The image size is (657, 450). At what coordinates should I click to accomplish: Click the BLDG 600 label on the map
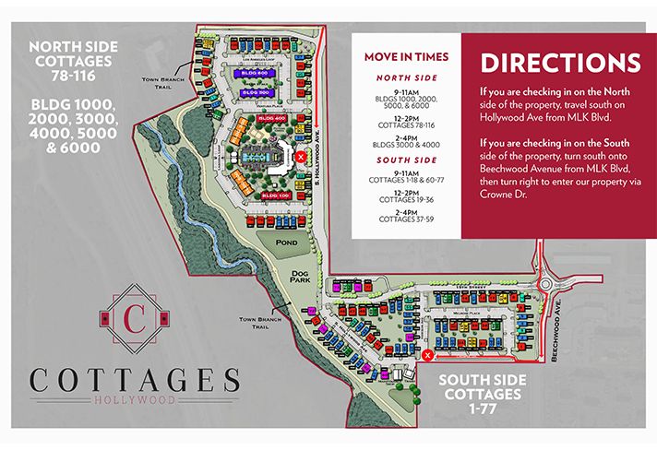pyautogui.click(x=254, y=71)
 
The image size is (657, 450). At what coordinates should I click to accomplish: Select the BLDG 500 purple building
pyautogui.click(x=256, y=92)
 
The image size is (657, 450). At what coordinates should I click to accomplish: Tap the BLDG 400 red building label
pyautogui.click(x=272, y=119)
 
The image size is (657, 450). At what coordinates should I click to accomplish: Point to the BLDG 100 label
pyautogui.click(x=274, y=195)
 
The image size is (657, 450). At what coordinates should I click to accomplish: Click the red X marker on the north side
pyautogui.click(x=301, y=157)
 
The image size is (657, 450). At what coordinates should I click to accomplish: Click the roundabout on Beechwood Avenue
pyautogui.click(x=554, y=284)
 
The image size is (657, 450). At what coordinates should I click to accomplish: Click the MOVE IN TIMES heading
pyautogui.click(x=406, y=57)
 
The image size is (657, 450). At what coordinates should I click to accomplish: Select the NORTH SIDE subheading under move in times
pyautogui.click(x=406, y=79)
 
